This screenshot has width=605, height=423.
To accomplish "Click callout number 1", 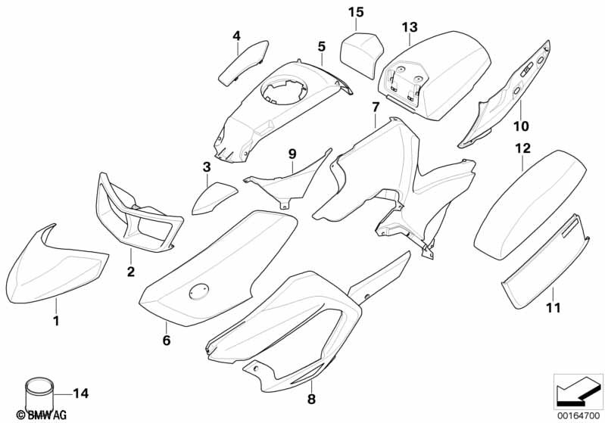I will (55, 321).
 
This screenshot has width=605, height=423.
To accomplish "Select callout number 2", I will (130, 272).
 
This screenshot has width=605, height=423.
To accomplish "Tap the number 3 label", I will (206, 166).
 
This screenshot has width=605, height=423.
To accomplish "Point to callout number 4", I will (236, 36).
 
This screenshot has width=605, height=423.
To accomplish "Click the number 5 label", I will (321, 46).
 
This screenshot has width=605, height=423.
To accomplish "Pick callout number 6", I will (167, 341).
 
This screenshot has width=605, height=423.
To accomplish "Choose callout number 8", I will (311, 398).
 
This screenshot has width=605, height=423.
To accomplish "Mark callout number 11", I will (554, 308).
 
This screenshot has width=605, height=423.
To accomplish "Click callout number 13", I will (410, 27).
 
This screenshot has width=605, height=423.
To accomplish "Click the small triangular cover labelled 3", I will (211, 198).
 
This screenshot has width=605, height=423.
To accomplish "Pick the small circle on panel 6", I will (199, 291).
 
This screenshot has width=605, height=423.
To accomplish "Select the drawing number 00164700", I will (578, 415).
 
